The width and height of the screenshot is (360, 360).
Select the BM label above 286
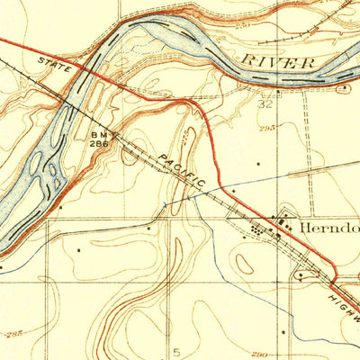[98, 134]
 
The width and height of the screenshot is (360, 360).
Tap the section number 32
[265, 103]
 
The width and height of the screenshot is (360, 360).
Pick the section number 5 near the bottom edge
[176, 349]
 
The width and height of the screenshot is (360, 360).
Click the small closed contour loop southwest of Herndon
[245, 264]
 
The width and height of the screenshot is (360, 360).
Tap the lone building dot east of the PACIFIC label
[259, 165]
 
